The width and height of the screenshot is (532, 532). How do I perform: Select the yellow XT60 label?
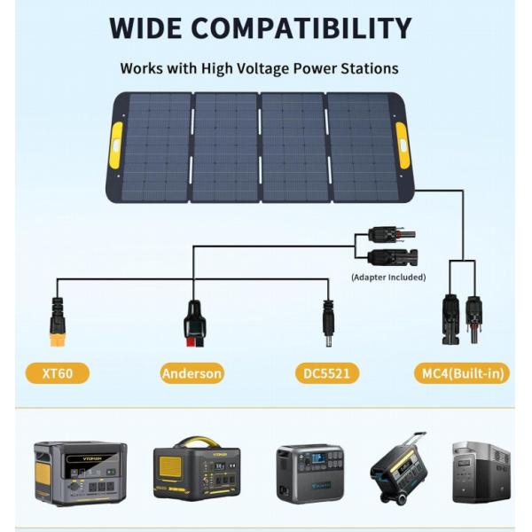coord(57,372)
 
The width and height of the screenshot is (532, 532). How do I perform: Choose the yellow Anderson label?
coord(192,372)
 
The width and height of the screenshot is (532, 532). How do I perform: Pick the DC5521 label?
coord(328,372)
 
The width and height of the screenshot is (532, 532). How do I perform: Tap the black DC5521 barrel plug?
coord(327,325)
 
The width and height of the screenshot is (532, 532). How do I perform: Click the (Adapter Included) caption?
coord(387,278)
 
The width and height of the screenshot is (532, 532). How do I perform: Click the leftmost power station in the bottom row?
coord(80,473)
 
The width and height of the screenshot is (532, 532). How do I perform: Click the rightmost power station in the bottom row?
coord(481,472)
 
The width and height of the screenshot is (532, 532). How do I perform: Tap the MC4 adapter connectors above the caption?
coord(387,246)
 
